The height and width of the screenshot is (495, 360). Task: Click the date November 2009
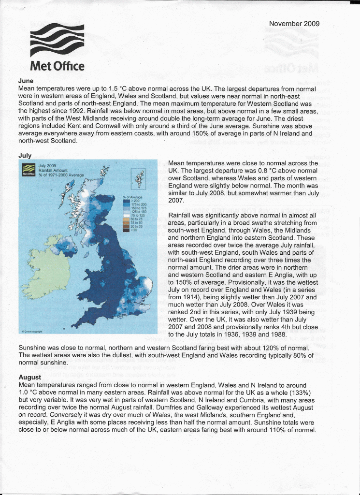pos(294,24)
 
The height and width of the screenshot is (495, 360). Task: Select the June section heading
pos(26,81)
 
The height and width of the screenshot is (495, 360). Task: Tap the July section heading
pos(25,155)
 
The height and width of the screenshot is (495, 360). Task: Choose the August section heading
pos(29,377)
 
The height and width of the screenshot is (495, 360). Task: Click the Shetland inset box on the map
pos(139,178)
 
